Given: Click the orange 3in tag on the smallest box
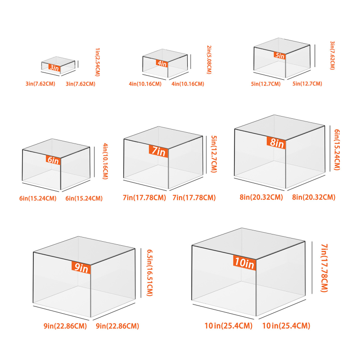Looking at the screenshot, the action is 54,67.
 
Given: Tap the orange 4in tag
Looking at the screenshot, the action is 162,63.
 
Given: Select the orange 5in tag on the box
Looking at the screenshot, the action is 279,55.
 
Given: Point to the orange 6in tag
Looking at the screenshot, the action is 53,160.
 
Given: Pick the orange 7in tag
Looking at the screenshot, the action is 158,151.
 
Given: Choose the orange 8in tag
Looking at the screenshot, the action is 276,143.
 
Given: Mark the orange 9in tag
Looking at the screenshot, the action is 81,267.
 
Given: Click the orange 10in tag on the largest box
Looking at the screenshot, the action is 244,262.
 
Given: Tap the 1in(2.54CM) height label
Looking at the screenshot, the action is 98,62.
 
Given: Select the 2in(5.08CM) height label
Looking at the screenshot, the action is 209,60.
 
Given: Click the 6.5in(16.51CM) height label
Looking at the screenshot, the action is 150,273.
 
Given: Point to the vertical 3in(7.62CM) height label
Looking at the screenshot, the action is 332,55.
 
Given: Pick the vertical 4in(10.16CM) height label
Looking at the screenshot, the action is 105,161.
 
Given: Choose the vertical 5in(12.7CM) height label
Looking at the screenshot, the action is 214,154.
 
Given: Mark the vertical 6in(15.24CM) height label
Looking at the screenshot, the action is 337,150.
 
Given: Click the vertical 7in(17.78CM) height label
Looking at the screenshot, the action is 324,268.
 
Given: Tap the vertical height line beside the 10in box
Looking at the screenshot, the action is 312,267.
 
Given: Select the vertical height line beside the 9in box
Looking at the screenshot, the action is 141,273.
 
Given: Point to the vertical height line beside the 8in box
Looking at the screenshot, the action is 330,148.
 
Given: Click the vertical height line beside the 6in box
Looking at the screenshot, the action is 94,162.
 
